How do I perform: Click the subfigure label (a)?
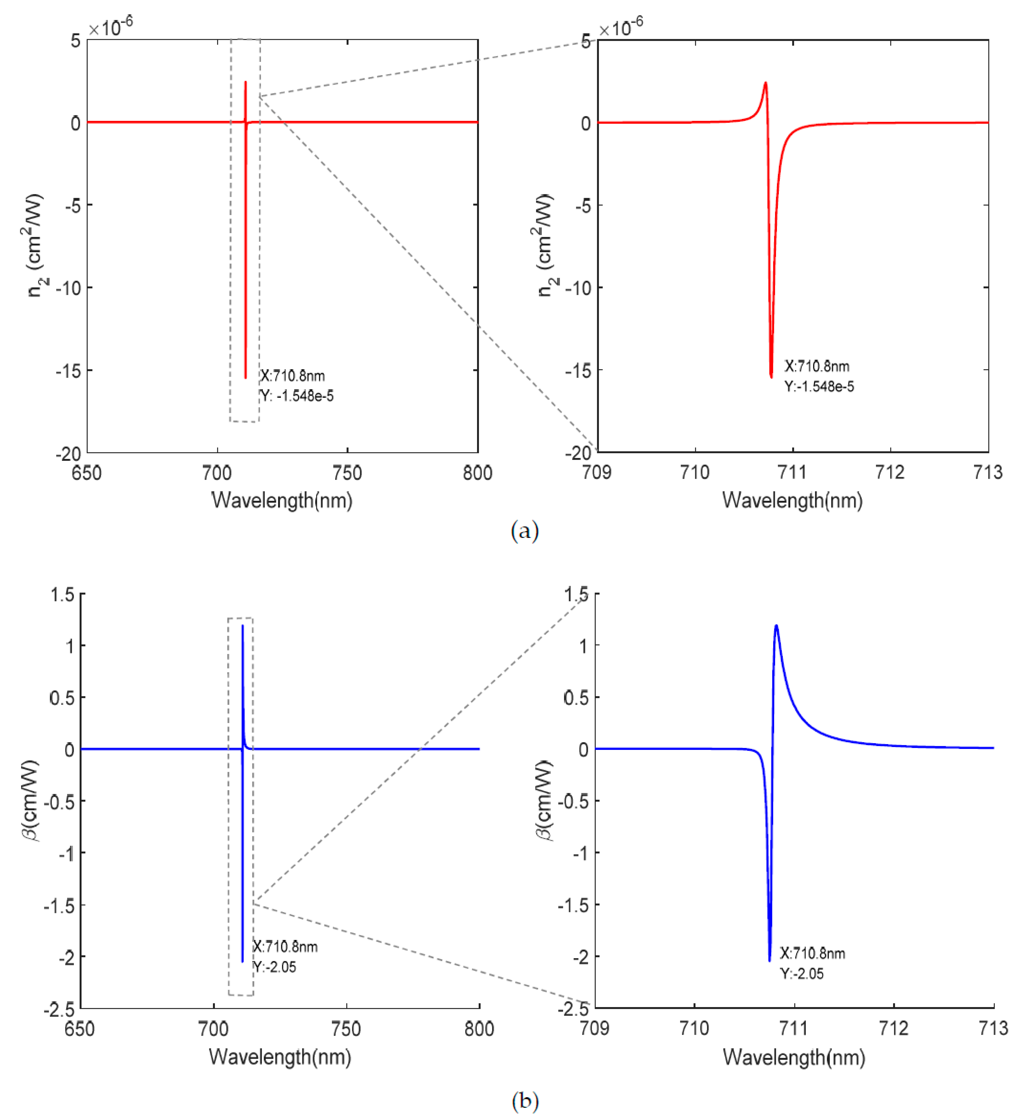click(524, 531)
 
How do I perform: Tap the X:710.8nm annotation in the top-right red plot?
click(817, 366)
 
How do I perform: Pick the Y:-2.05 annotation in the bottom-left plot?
click(275, 967)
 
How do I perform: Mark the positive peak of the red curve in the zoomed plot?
click(766, 83)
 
